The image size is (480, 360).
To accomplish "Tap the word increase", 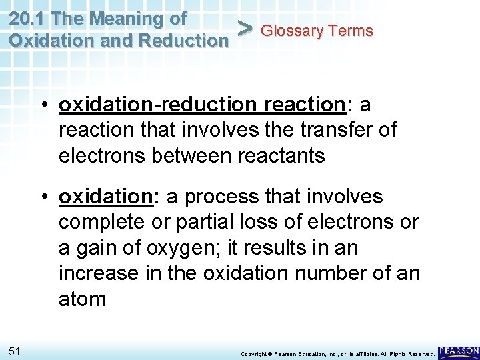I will tap(99, 273).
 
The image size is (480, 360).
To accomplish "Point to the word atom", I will tap(82, 299).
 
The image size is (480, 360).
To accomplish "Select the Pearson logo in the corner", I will tap(459, 351).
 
